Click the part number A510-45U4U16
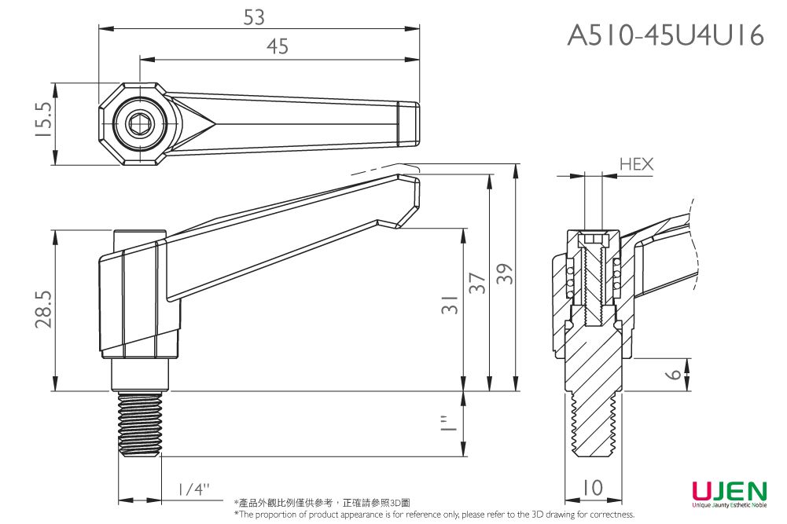[x=665, y=35]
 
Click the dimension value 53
[x=254, y=17]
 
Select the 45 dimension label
[x=277, y=48]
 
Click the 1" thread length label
[x=449, y=424]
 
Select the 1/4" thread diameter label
[x=193, y=489]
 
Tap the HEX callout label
[x=635, y=164]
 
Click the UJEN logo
[x=729, y=493]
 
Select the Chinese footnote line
[x=322, y=503]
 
